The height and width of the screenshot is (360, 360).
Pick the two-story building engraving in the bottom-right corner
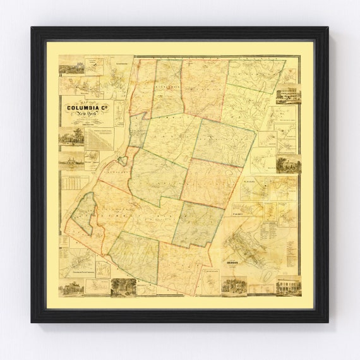[x=288, y=286]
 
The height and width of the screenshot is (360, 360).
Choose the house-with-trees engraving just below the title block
[x=71, y=136]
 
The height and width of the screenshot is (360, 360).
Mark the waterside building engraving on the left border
[x=71, y=160]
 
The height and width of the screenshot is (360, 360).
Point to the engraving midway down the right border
[x=288, y=163]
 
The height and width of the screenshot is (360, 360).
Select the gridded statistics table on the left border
[x=74, y=183]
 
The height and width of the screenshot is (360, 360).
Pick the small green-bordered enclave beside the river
[x=122, y=160]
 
